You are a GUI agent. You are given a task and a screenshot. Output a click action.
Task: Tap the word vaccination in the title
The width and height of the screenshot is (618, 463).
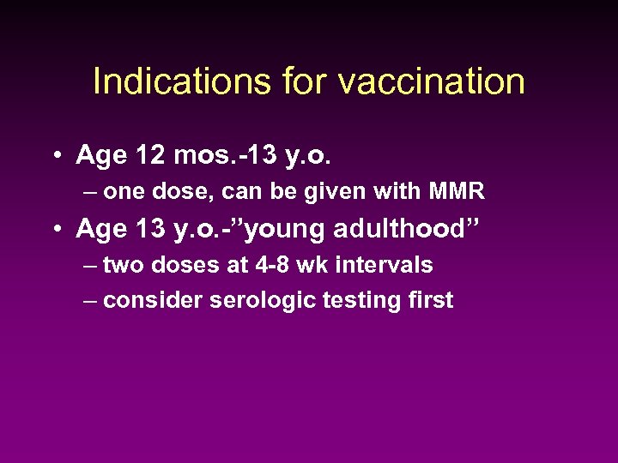click(432, 81)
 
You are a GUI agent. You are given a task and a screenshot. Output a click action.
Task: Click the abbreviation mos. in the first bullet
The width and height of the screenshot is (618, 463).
click(203, 155)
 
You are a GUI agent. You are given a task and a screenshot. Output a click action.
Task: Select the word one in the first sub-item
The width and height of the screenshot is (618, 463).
click(124, 192)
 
